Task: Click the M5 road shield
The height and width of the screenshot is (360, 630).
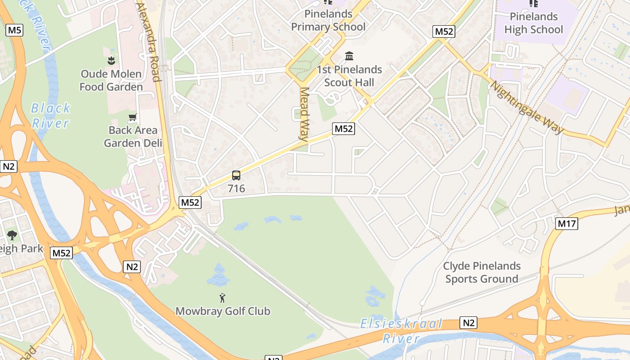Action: pyautogui.click(x=14, y=31)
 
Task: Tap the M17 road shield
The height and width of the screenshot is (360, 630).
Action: pyautogui.click(x=566, y=224)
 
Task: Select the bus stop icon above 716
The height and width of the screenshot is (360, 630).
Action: pyautogui.click(x=236, y=175)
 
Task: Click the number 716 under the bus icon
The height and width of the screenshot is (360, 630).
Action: pyautogui.click(x=236, y=189)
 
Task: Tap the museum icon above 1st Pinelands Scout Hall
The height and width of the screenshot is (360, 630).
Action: pyautogui.click(x=349, y=56)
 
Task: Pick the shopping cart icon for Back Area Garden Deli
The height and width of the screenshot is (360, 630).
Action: pyautogui.click(x=133, y=118)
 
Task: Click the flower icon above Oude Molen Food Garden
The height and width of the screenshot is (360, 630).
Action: pyautogui.click(x=111, y=60)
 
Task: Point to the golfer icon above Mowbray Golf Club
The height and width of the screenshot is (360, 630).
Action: pyautogui.click(x=222, y=297)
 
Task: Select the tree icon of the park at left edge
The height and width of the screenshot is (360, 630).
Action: pyautogui.click(x=12, y=235)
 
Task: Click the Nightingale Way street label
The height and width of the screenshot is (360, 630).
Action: pyautogui.click(x=526, y=108)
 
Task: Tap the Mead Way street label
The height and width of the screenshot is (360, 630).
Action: pyautogui.click(x=305, y=113)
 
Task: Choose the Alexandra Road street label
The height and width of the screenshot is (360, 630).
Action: pyautogui.click(x=149, y=43)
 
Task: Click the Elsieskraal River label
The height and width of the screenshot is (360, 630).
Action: pyautogui.click(x=401, y=331)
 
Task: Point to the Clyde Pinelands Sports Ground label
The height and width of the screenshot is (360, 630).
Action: pyautogui.click(x=482, y=272)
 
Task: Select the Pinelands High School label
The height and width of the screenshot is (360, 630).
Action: pyautogui.click(x=533, y=23)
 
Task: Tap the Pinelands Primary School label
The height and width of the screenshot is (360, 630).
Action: pyautogui.click(x=328, y=20)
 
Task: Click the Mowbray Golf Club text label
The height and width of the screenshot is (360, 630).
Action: pyautogui.click(x=223, y=311)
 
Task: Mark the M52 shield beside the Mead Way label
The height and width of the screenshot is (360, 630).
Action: pyautogui.click(x=344, y=129)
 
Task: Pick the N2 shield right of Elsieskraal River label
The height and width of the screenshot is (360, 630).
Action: pyautogui.click(x=468, y=323)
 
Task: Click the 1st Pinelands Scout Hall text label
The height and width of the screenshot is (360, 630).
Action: pyautogui.click(x=350, y=76)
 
